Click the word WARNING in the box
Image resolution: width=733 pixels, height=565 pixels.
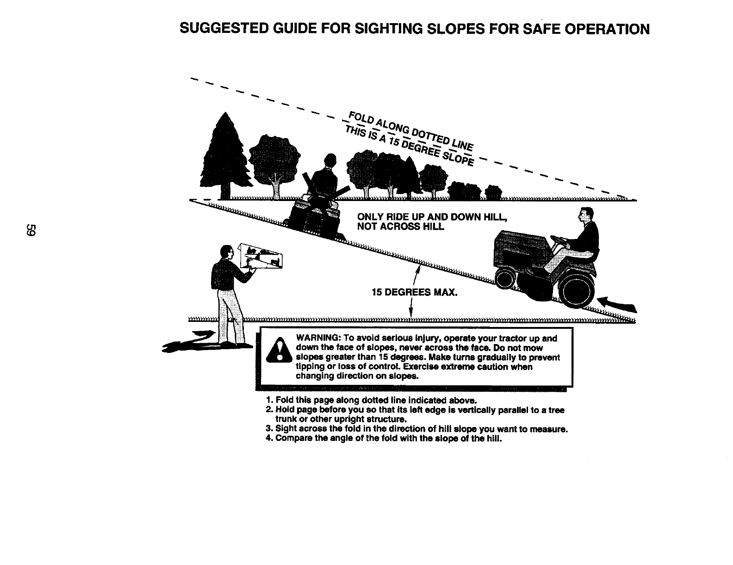click(x=316, y=339)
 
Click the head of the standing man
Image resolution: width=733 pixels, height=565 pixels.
click(x=226, y=252)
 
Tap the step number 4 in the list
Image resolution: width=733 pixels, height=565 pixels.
click(x=269, y=438)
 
